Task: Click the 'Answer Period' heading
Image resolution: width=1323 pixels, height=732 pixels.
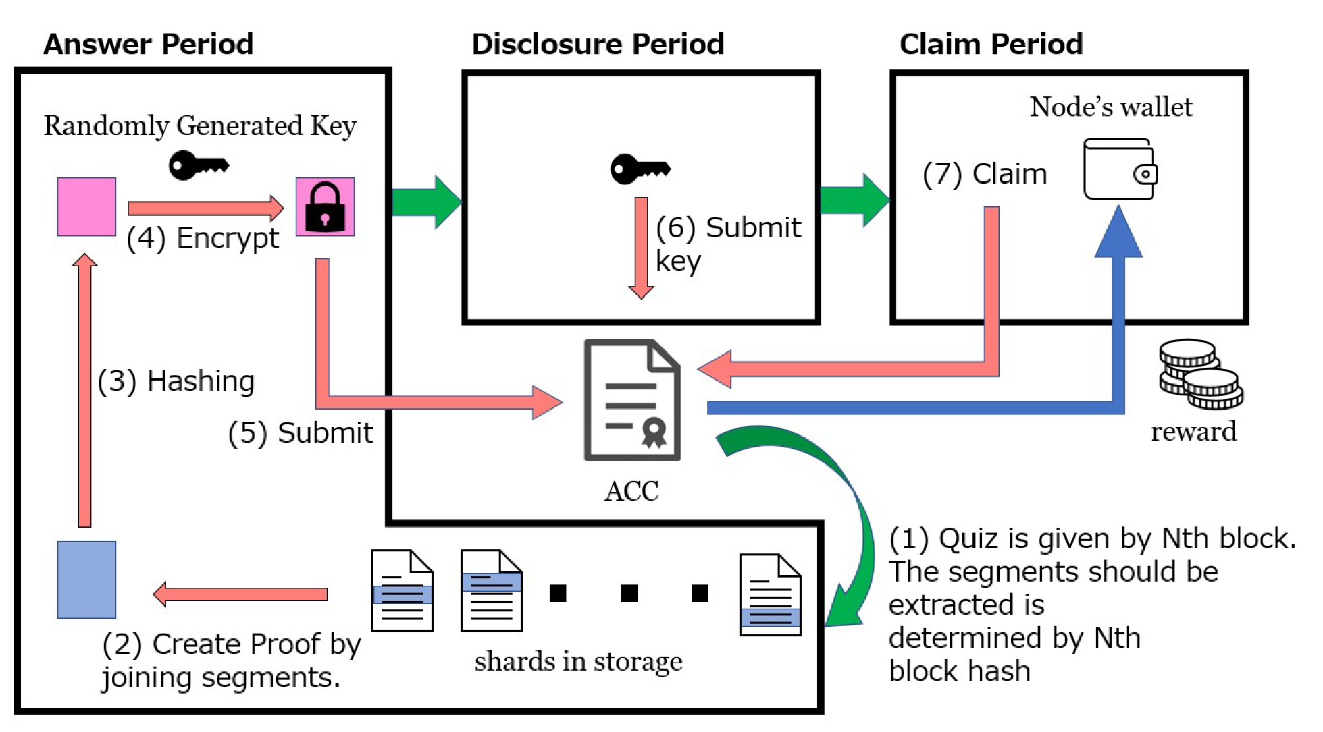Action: tap(148, 45)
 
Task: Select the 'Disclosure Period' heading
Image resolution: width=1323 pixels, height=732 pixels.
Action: tap(598, 45)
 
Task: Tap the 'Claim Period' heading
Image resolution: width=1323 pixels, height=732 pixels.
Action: tap(991, 45)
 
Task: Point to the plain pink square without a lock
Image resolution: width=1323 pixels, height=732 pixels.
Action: tap(86, 207)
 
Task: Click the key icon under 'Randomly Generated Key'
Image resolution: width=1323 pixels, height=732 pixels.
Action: tap(199, 165)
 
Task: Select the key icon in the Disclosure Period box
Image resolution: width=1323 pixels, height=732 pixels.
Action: tap(640, 168)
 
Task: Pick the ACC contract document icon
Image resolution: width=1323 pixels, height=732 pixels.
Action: tap(632, 400)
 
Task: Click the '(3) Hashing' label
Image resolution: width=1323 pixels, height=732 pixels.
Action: tap(176, 381)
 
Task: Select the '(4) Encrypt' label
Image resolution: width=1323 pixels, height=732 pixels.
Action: tap(203, 239)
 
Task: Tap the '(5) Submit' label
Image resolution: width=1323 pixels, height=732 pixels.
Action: tap(301, 433)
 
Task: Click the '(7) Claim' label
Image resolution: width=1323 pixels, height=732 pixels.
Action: tap(985, 174)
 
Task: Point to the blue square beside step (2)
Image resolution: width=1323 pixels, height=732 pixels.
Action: tap(86, 580)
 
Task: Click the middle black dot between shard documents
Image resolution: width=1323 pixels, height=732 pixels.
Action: tap(629, 593)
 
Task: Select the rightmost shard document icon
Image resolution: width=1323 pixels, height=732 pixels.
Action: tap(770, 594)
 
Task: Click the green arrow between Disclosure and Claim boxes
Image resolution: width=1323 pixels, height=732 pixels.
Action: tap(855, 200)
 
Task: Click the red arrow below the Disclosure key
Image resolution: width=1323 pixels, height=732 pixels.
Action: tap(641, 248)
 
